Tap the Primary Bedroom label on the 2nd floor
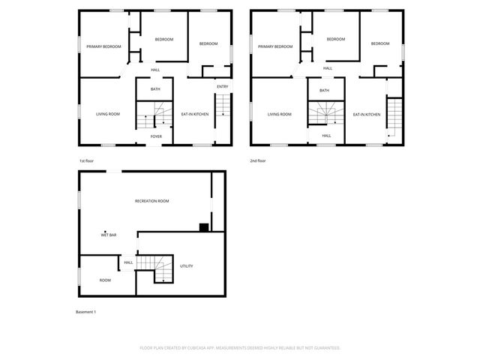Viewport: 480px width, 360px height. (x=275, y=46)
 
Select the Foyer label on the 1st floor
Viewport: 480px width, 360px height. (x=156, y=136)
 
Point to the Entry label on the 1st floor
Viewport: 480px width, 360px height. (x=223, y=87)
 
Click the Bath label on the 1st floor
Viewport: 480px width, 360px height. (x=155, y=90)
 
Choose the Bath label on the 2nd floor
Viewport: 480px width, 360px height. (x=324, y=91)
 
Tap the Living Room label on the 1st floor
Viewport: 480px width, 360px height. (x=108, y=114)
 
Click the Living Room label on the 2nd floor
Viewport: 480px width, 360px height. (x=280, y=114)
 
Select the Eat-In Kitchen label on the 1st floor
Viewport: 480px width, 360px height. (x=195, y=114)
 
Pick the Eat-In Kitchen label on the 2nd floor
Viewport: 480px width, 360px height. (x=367, y=114)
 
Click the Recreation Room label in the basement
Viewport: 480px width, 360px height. (x=152, y=201)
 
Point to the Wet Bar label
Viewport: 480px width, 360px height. (x=109, y=235)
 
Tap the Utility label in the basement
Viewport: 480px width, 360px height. (x=187, y=266)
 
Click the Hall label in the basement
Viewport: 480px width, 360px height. (x=128, y=262)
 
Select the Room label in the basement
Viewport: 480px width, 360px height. (x=105, y=280)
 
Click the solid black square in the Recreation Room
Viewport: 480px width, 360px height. (x=203, y=227)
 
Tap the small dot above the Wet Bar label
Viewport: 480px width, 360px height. (x=105, y=231)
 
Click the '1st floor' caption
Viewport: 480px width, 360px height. (x=87, y=160)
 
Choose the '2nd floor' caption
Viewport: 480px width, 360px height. (x=258, y=160)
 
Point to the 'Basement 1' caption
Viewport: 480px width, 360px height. (x=86, y=311)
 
